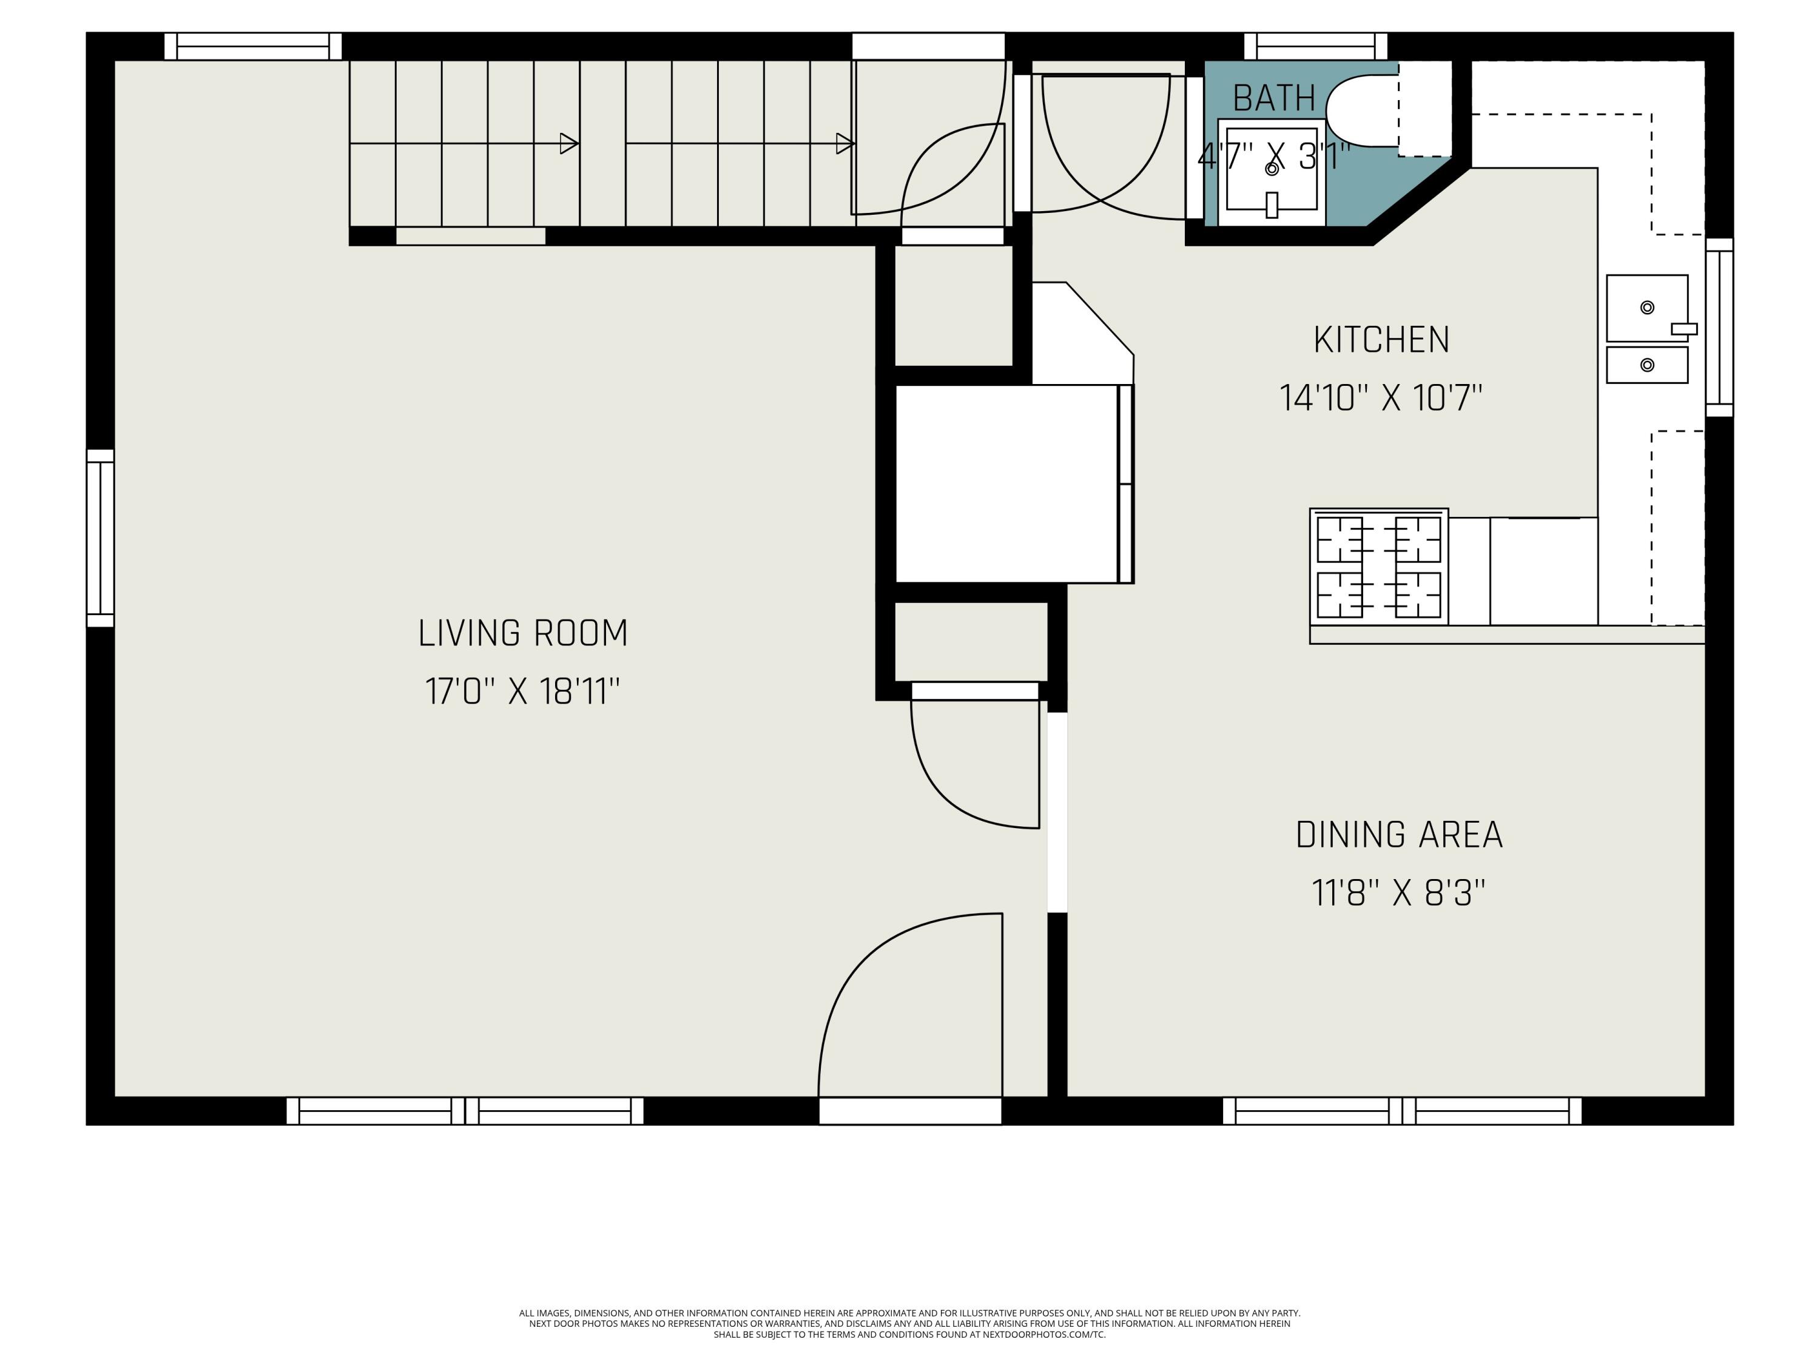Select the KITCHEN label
point(1381,340)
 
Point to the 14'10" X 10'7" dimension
point(1381,398)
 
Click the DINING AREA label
point(1399,835)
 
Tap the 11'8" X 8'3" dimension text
point(1399,893)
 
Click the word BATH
point(1273,99)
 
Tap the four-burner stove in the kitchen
point(1378,567)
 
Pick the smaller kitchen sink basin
point(1646,365)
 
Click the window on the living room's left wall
point(100,538)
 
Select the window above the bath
point(1315,46)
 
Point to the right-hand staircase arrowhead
point(845,144)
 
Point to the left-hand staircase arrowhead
point(568,144)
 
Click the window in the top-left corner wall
point(252,46)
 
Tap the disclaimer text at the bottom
point(909,1323)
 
